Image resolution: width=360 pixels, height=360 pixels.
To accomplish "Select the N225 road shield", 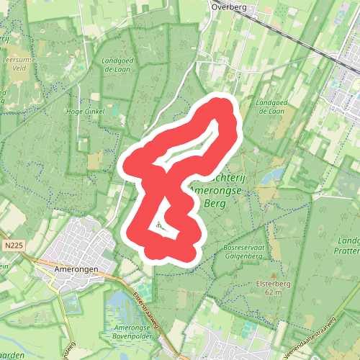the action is click(10, 246).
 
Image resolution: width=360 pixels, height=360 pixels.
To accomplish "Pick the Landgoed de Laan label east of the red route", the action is click(271, 107).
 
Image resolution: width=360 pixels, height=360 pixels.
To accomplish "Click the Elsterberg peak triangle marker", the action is click(274, 274).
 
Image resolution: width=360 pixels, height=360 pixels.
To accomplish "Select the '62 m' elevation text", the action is click(273, 293).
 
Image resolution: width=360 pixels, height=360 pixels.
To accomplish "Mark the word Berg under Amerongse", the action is click(215, 204).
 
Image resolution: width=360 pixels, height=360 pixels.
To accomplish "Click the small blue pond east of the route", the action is click(271, 176).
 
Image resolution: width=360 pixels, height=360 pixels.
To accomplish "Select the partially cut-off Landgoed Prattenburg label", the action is click(348, 246).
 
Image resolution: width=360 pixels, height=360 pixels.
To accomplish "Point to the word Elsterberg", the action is click(273, 284).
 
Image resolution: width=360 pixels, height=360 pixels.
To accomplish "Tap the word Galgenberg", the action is click(241, 256).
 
